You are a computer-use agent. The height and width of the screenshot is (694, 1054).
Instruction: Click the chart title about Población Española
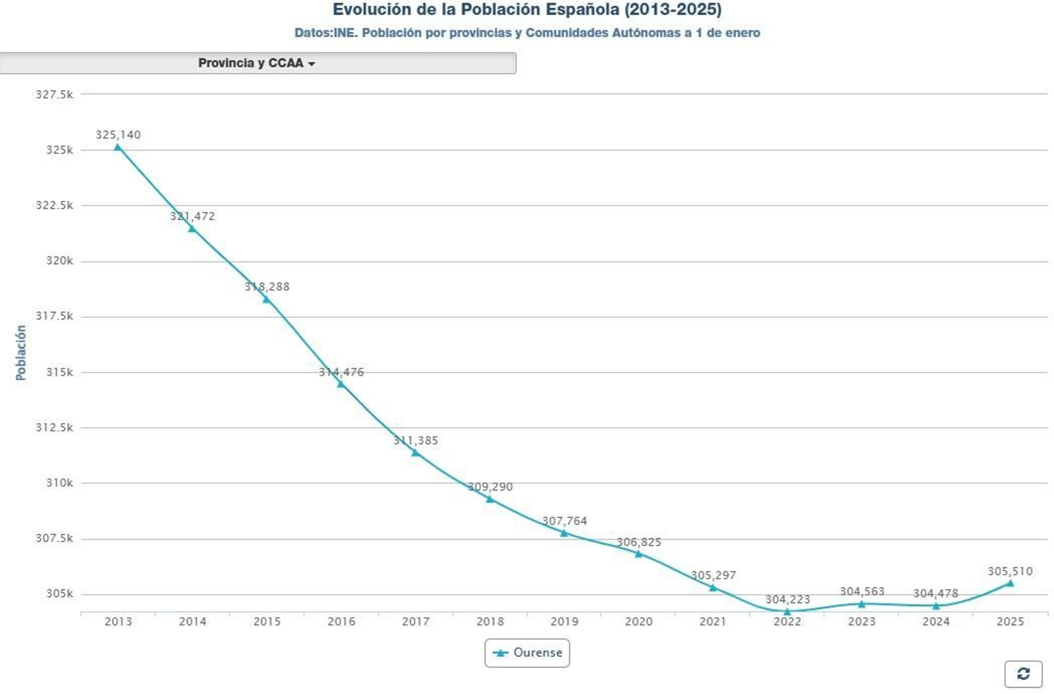click(526, 10)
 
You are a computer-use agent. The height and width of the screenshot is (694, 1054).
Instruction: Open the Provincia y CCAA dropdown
click(257, 63)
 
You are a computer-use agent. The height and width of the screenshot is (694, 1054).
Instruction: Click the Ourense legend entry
click(527, 652)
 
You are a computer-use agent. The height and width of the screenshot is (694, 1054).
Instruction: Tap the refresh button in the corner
click(1023, 674)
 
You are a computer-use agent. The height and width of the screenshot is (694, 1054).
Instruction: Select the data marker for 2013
click(118, 147)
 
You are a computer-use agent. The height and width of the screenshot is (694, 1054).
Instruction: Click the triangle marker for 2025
click(1010, 583)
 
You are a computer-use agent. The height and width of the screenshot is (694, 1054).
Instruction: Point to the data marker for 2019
click(564, 533)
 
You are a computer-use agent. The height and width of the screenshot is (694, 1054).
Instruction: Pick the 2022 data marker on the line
click(787, 612)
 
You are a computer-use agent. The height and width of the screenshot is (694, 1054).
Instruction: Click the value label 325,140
click(118, 134)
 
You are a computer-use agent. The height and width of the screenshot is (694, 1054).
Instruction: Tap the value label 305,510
click(1010, 571)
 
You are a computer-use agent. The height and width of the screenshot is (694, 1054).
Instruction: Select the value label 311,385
click(416, 440)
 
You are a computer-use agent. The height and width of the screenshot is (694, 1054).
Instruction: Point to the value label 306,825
click(638, 542)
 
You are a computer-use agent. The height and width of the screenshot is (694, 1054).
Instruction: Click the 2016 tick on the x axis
click(341, 622)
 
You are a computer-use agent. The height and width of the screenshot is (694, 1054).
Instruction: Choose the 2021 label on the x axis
click(713, 622)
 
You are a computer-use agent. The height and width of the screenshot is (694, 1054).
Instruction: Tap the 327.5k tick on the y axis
click(55, 94)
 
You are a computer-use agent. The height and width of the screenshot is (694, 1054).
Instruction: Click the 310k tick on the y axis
click(59, 483)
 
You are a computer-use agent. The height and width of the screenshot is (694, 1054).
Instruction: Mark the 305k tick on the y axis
click(59, 594)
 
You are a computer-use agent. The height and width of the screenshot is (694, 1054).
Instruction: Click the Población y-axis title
click(21, 353)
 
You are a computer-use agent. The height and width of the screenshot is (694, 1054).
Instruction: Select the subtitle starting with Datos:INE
click(527, 33)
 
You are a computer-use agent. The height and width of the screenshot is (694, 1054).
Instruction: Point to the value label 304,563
click(862, 591)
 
